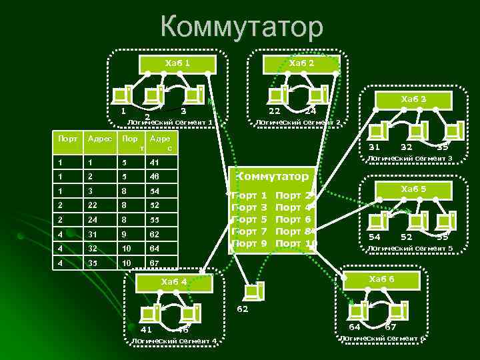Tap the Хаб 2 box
(301, 63)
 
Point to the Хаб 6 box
(381, 277)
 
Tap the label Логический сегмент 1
(170, 123)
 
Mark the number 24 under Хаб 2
(310, 111)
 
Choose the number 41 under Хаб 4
(147, 329)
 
